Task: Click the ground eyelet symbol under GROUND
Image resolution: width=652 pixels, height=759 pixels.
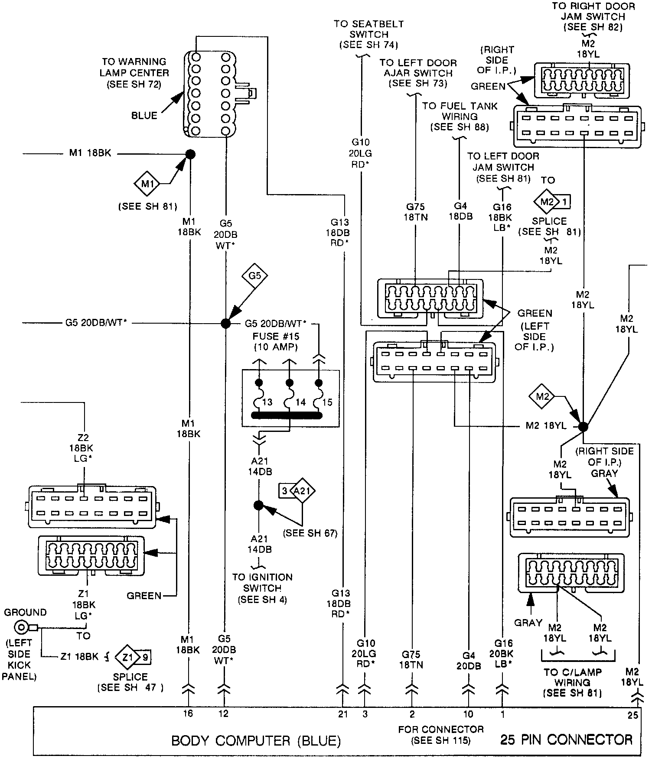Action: (21, 627)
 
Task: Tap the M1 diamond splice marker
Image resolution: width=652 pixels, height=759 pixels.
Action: (147, 184)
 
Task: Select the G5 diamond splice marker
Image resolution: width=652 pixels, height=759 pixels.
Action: (254, 276)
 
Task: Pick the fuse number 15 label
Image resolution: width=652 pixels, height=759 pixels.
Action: (327, 402)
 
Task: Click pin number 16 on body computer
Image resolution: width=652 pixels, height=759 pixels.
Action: (188, 713)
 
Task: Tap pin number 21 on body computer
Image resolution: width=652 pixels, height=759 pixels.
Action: (343, 714)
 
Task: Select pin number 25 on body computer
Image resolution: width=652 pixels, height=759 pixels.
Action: (633, 715)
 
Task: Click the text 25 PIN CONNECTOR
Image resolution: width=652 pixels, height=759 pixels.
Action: (566, 739)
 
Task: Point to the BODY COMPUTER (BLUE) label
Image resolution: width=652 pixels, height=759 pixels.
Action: (256, 740)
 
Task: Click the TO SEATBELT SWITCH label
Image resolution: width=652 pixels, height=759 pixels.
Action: (368, 34)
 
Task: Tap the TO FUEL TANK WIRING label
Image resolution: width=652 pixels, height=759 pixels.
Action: (460, 116)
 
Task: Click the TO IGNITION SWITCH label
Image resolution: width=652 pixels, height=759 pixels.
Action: (262, 588)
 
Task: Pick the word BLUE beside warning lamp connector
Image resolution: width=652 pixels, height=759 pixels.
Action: (144, 116)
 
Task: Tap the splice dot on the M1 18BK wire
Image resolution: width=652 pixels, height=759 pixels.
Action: (190, 154)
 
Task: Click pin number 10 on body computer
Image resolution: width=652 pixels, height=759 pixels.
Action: (468, 714)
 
